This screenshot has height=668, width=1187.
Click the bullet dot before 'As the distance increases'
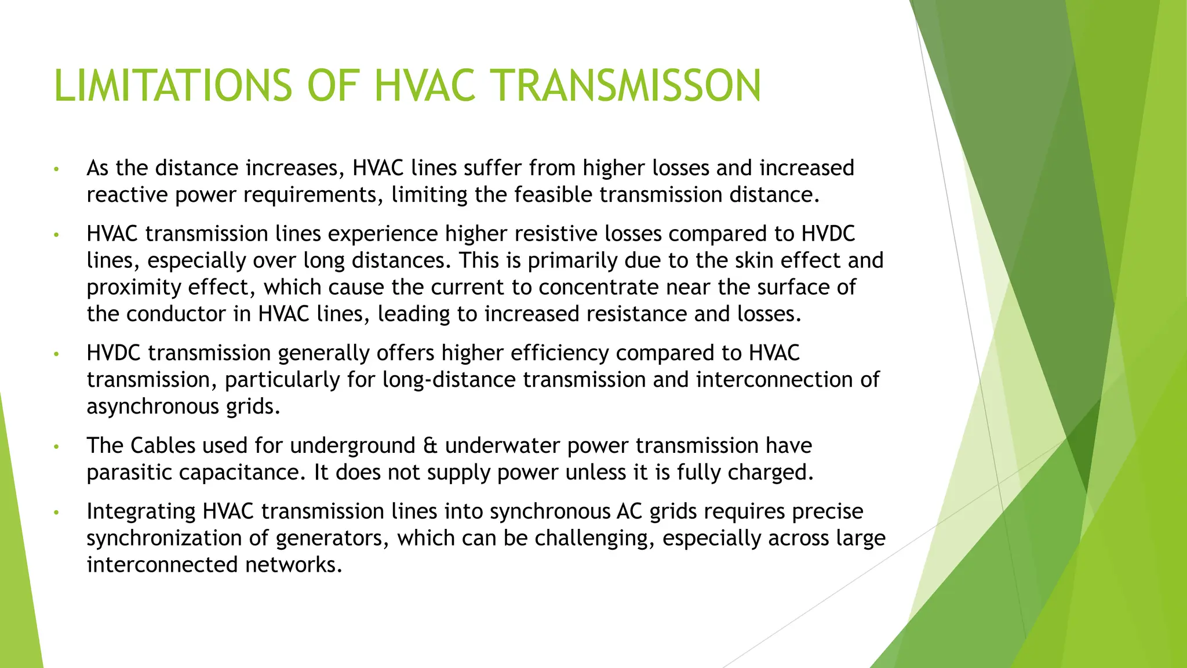[x=56, y=169]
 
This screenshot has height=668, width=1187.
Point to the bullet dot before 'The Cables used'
[x=56, y=447]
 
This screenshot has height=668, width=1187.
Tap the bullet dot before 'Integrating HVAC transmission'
[x=56, y=513]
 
